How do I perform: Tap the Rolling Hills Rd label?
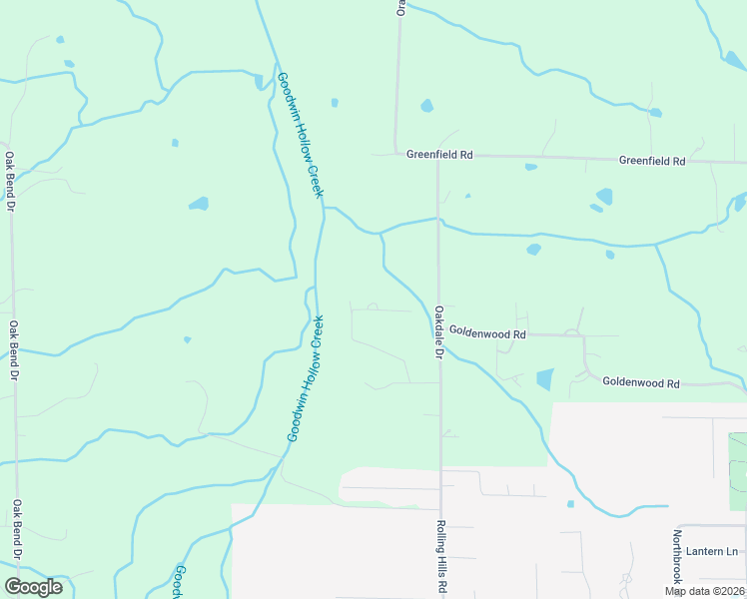pyautogui.click(x=439, y=557)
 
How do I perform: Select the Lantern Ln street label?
pyautogui.click(x=718, y=551)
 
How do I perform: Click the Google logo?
pyautogui.click(x=33, y=587)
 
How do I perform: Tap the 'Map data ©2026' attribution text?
pyautogui.click(x=704, y=591)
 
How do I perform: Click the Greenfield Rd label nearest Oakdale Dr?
pyautogui.click(x=439, y=155)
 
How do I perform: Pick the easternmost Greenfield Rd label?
pyautogui.click(x=652, y=160)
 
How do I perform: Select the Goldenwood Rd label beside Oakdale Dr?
pyautogui.click(x=487, y=331)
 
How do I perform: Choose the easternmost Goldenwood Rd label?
pyautogui.click(x=641, y=383)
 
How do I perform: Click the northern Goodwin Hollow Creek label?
pyautogui.click(x=301, y=135)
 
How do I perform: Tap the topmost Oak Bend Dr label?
pyautogui.click(x=11, y=181)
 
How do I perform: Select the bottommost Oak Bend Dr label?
pyautogui.click(x=17, y=530)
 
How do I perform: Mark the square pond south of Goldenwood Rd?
pyautogui.click(x=544, y=379)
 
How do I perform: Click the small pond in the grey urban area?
pyautogui.click(x=570, y=504)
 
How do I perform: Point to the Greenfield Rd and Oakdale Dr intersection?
pyautogui.click(x=438, y=156)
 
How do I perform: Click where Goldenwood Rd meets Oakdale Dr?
pyautogui.click(x=440, y=334)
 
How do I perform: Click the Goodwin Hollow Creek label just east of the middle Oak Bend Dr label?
pyautogui.click(x=306, y=379)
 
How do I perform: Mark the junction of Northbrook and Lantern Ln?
pyautogui.click(x=678, y=526)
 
